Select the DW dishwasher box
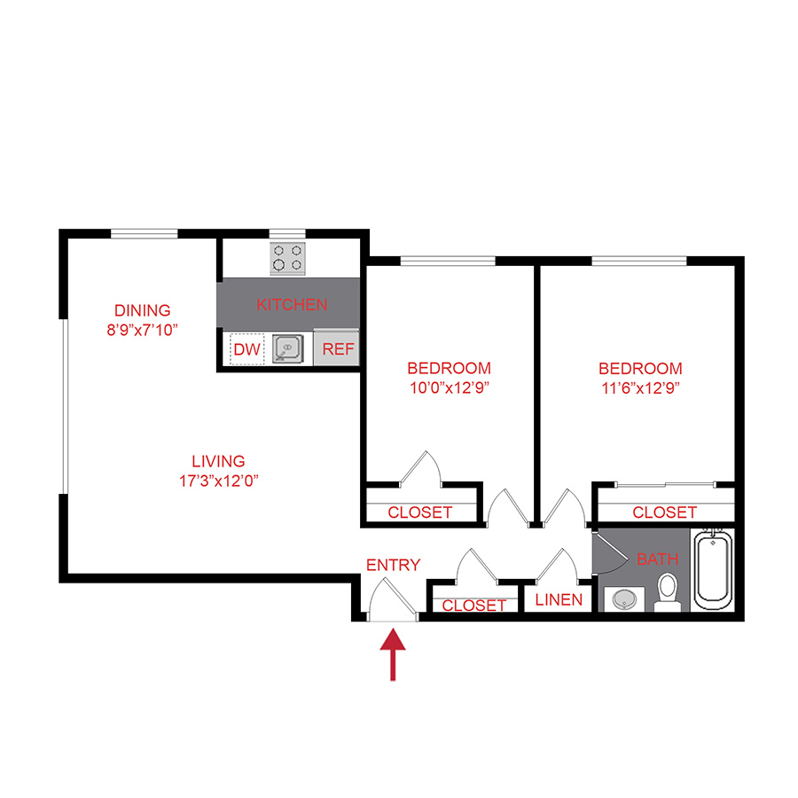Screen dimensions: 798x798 pyautogui.click(x=246, y=349)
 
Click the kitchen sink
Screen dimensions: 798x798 pyautogui.click(x=287, y=349)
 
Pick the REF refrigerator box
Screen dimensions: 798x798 pyautogui.click(x=338, y=349)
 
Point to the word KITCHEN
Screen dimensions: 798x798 pyautogui.click(x=292, y=305)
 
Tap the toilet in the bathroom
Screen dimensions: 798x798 pyautogui.click(x=667, y=591)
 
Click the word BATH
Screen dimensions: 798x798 pyautogui.click(x=657, y=559)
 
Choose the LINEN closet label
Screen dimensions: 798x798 pyautogui.click(x=559, y=600)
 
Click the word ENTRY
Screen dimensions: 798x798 pyautogui.click(x=393, y=565)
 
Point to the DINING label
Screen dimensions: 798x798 pyautogui.click(x=142, y=310)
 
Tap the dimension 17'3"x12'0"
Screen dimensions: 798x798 pyautogui.click(x=218, y=481)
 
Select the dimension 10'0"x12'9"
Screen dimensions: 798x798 pyautogui.click(x=449, y=387)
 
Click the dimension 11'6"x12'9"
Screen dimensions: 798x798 pyautogui.click(x=640, y=387)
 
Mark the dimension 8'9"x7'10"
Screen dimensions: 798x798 pyautogui.click(x=142, y=330)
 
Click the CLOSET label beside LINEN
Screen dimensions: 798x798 pyautogui.click(x=473, y=606)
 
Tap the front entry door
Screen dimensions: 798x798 pyautogui.click(x=391, y=598)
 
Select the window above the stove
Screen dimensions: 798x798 pyautogui.click(x=287, y=233)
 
